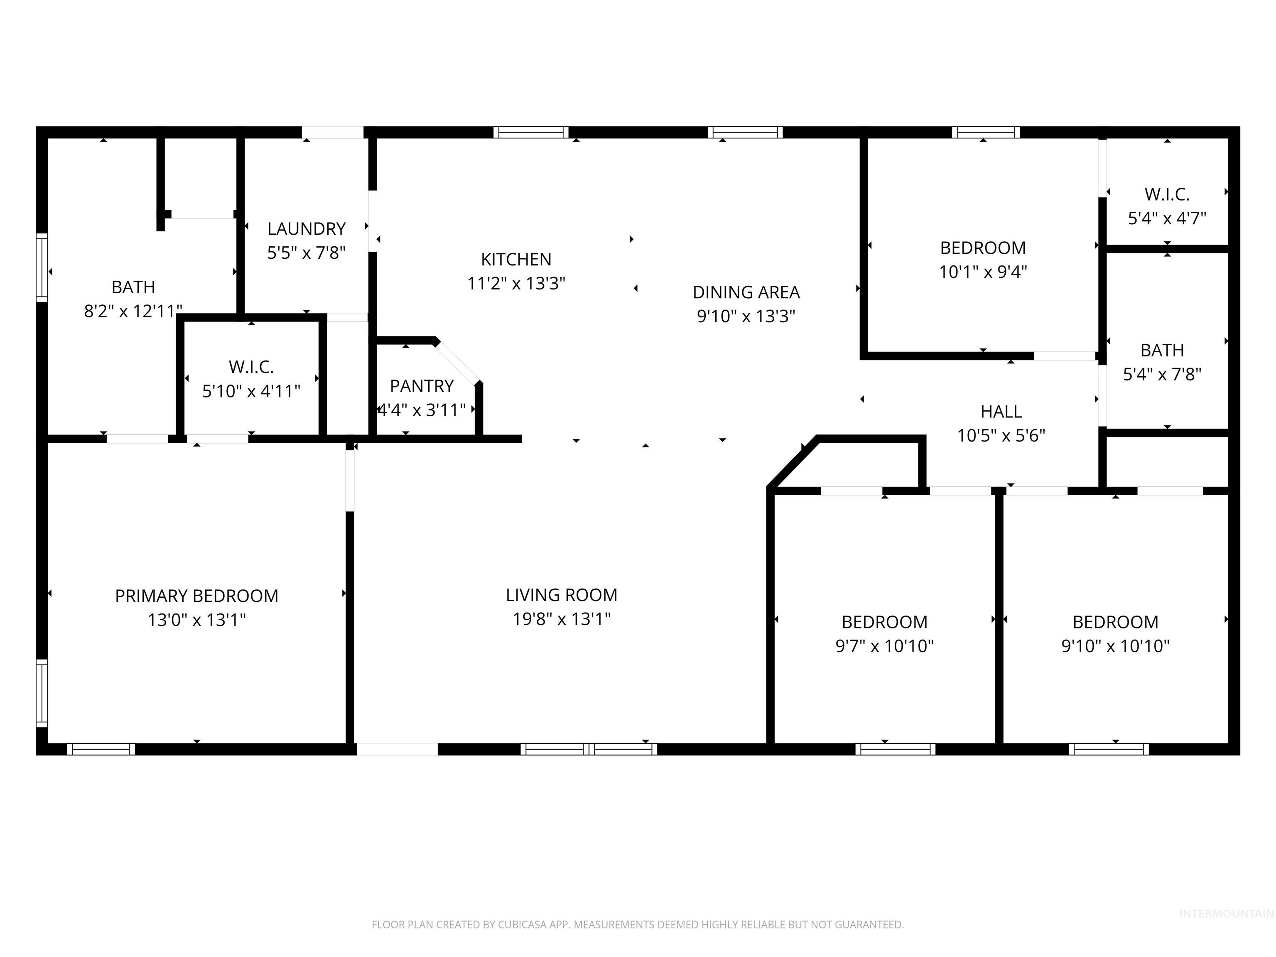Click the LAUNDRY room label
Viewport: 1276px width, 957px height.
coord(306,229)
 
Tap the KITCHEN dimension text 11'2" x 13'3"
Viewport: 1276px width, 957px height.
coord(516,284)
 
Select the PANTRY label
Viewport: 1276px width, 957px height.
coord(422,386)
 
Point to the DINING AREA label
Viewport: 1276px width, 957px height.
coord(746,292)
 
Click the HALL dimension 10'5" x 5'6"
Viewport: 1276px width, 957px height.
coord(1001,436)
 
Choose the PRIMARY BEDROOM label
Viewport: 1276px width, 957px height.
coord(197,596)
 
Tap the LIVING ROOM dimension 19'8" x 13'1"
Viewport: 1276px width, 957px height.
coord(561,619)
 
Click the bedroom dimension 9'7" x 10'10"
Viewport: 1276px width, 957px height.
coord(884,646)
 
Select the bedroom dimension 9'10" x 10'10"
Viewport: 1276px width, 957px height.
coord(1115,646)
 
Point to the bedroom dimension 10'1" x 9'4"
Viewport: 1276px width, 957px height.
coord(983,272)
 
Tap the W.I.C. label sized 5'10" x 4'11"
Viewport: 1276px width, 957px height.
coord(251,367)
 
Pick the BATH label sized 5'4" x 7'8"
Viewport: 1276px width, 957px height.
coord(1162,350)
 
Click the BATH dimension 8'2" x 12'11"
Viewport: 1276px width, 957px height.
coord(133,312)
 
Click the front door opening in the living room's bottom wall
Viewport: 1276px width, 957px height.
coord(397,749)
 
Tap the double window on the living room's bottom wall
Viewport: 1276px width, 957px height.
coord(589,749)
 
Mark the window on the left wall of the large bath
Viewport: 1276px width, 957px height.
coord(42,267)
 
